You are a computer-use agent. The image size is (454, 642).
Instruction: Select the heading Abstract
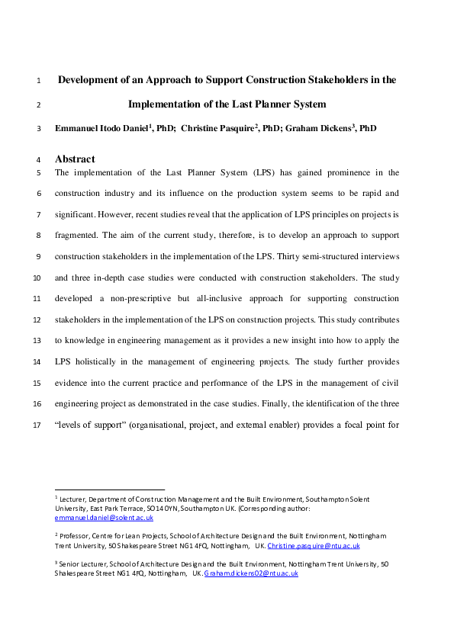coord(75,159)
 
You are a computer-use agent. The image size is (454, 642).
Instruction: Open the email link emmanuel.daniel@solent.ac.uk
coord(98,517)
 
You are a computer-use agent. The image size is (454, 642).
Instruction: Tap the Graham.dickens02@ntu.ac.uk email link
coord(250,573)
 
